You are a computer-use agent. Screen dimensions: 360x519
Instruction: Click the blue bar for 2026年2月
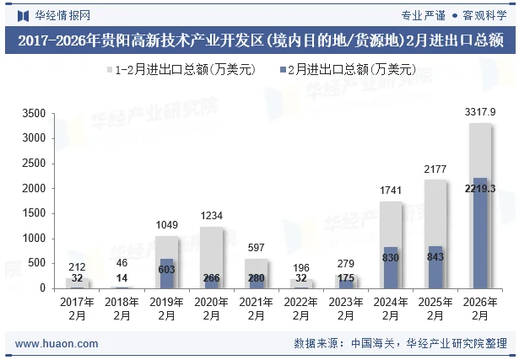tap(479, 234)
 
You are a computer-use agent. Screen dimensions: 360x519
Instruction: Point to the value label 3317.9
tap(479, 112)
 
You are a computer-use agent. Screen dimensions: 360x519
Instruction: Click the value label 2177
tap(435, 169)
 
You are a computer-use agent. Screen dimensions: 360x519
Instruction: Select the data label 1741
tap(390, 191)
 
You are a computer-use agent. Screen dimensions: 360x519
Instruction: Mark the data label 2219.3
tap(479, 188)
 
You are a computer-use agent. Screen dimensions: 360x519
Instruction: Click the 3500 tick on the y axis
tap(34, 113)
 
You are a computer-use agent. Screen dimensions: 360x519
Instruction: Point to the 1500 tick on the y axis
tap(34, 213)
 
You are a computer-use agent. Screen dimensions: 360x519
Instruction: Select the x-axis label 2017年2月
tap(78, 308)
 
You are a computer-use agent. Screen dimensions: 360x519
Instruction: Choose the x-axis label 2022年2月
tap(301, 308)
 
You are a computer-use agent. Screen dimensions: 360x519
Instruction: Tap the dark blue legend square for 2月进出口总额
tap(279, 70)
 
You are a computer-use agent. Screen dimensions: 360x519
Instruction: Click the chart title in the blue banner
tap(259, 40)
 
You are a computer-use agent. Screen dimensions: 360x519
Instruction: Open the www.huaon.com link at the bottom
tap(57, 344)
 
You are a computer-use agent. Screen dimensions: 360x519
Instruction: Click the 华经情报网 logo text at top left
tap(62, 14)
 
